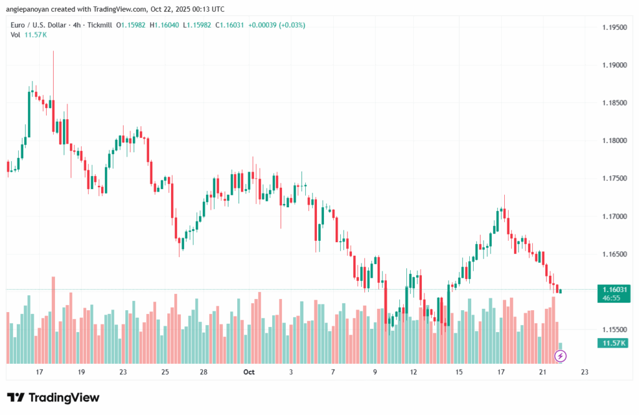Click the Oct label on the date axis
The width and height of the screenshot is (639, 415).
[249, 372]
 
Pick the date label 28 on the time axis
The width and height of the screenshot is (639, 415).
[203, 372]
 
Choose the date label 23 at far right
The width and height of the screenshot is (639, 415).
[584, 372]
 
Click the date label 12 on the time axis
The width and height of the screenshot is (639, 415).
[413, 372]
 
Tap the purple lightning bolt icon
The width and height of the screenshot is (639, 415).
[560, 356]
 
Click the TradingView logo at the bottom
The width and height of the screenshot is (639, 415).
[53, 398]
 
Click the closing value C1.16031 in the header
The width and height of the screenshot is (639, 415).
[229, 25]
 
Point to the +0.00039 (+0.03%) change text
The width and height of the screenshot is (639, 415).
[276, 25]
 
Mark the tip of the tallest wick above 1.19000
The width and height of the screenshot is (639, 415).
[54, 52]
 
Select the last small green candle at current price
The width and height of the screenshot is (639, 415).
[560, 291]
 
